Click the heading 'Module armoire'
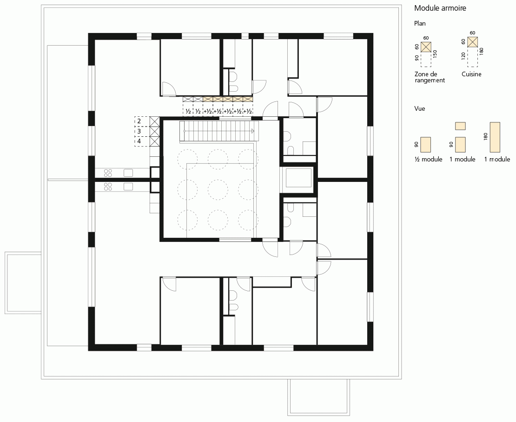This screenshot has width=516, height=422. (440, 8)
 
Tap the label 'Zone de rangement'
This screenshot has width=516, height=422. (430, 77)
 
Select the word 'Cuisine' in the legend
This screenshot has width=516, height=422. (471, 74)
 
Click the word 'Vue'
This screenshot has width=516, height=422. (420, 108)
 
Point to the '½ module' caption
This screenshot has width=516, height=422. (428, 160)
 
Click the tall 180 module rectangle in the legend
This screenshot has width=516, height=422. (495, 137)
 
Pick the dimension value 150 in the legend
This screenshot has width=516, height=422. (435, 54)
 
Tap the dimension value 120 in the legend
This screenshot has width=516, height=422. (463, 56)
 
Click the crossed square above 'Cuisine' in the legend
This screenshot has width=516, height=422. (473, 42)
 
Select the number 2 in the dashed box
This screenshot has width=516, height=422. (139, 121)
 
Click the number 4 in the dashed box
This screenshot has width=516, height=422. (139, 141)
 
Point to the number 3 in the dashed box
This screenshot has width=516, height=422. (139, 131)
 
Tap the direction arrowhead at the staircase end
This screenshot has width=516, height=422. (253, 131)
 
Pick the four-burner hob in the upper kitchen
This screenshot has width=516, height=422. (108, 173)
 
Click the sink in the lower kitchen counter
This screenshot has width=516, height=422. (128, 187)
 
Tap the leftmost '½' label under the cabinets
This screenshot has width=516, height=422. (188, 112)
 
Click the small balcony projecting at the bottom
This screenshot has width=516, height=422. (318, 397)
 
